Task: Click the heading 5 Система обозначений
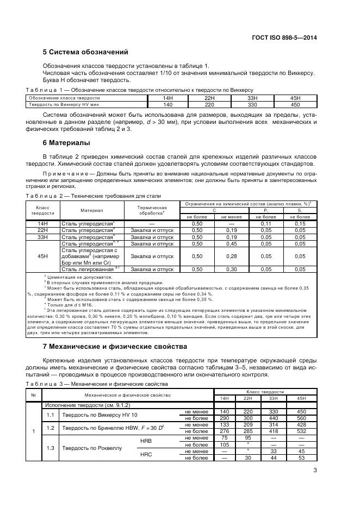tap(85, 53)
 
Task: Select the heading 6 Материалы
tap(66, 143)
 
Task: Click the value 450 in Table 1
tap(295, 104)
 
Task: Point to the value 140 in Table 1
tap(168, 104)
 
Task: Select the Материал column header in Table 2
tap(92, 210)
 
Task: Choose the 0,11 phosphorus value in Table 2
tap(266, 223)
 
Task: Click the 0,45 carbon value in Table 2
tap(232, 243)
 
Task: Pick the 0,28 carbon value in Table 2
tap(232, 256)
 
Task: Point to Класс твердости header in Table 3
tap(265, 391)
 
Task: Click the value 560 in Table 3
tap(295, 418)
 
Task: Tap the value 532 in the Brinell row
tap(295, 431)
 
